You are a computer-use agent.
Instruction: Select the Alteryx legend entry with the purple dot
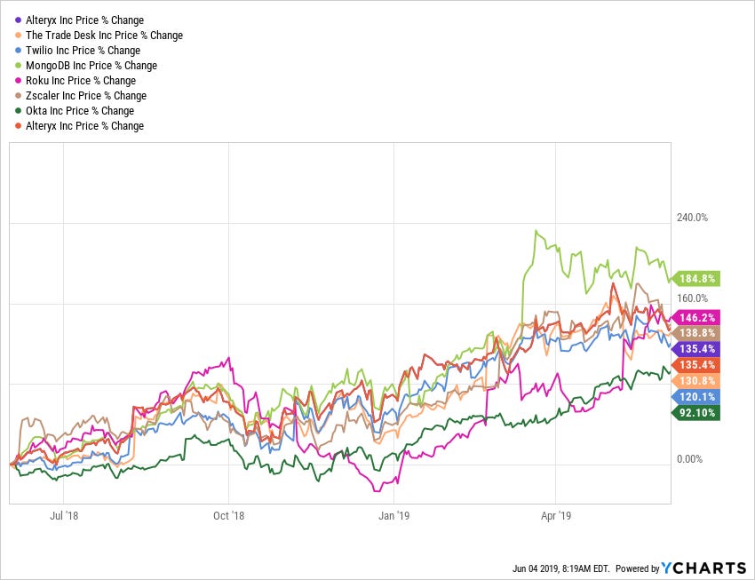pos(79,20)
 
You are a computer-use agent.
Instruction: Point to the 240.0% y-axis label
pos(693,218)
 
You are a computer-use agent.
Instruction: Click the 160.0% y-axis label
pos(693,298)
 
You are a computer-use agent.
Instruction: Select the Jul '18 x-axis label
pos(65,515)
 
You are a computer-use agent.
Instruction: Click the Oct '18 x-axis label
pos(229,515)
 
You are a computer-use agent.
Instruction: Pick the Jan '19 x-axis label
pos(393,515)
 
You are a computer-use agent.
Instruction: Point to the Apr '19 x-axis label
pos(555,515)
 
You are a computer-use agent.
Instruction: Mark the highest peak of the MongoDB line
pos(536,231)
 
